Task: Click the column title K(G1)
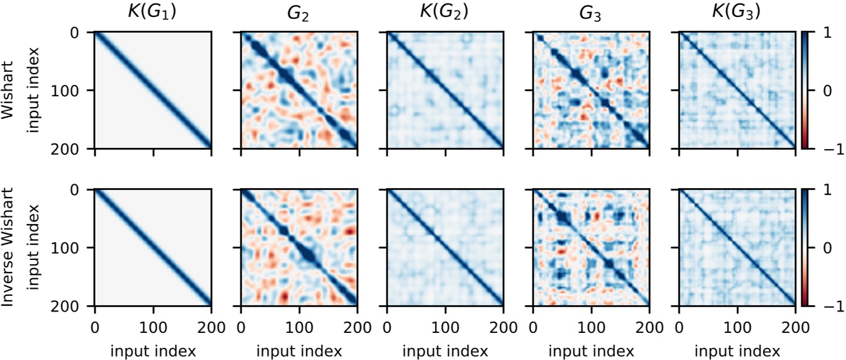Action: click(152, 12)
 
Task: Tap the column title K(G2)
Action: click(445, 12)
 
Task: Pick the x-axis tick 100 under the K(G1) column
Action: click(152, 327)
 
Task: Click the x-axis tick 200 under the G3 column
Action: click(650, 327)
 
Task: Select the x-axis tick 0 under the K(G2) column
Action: click(387, 327)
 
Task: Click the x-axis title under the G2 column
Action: click(299, 349)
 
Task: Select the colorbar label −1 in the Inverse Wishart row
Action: click(820, 307)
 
